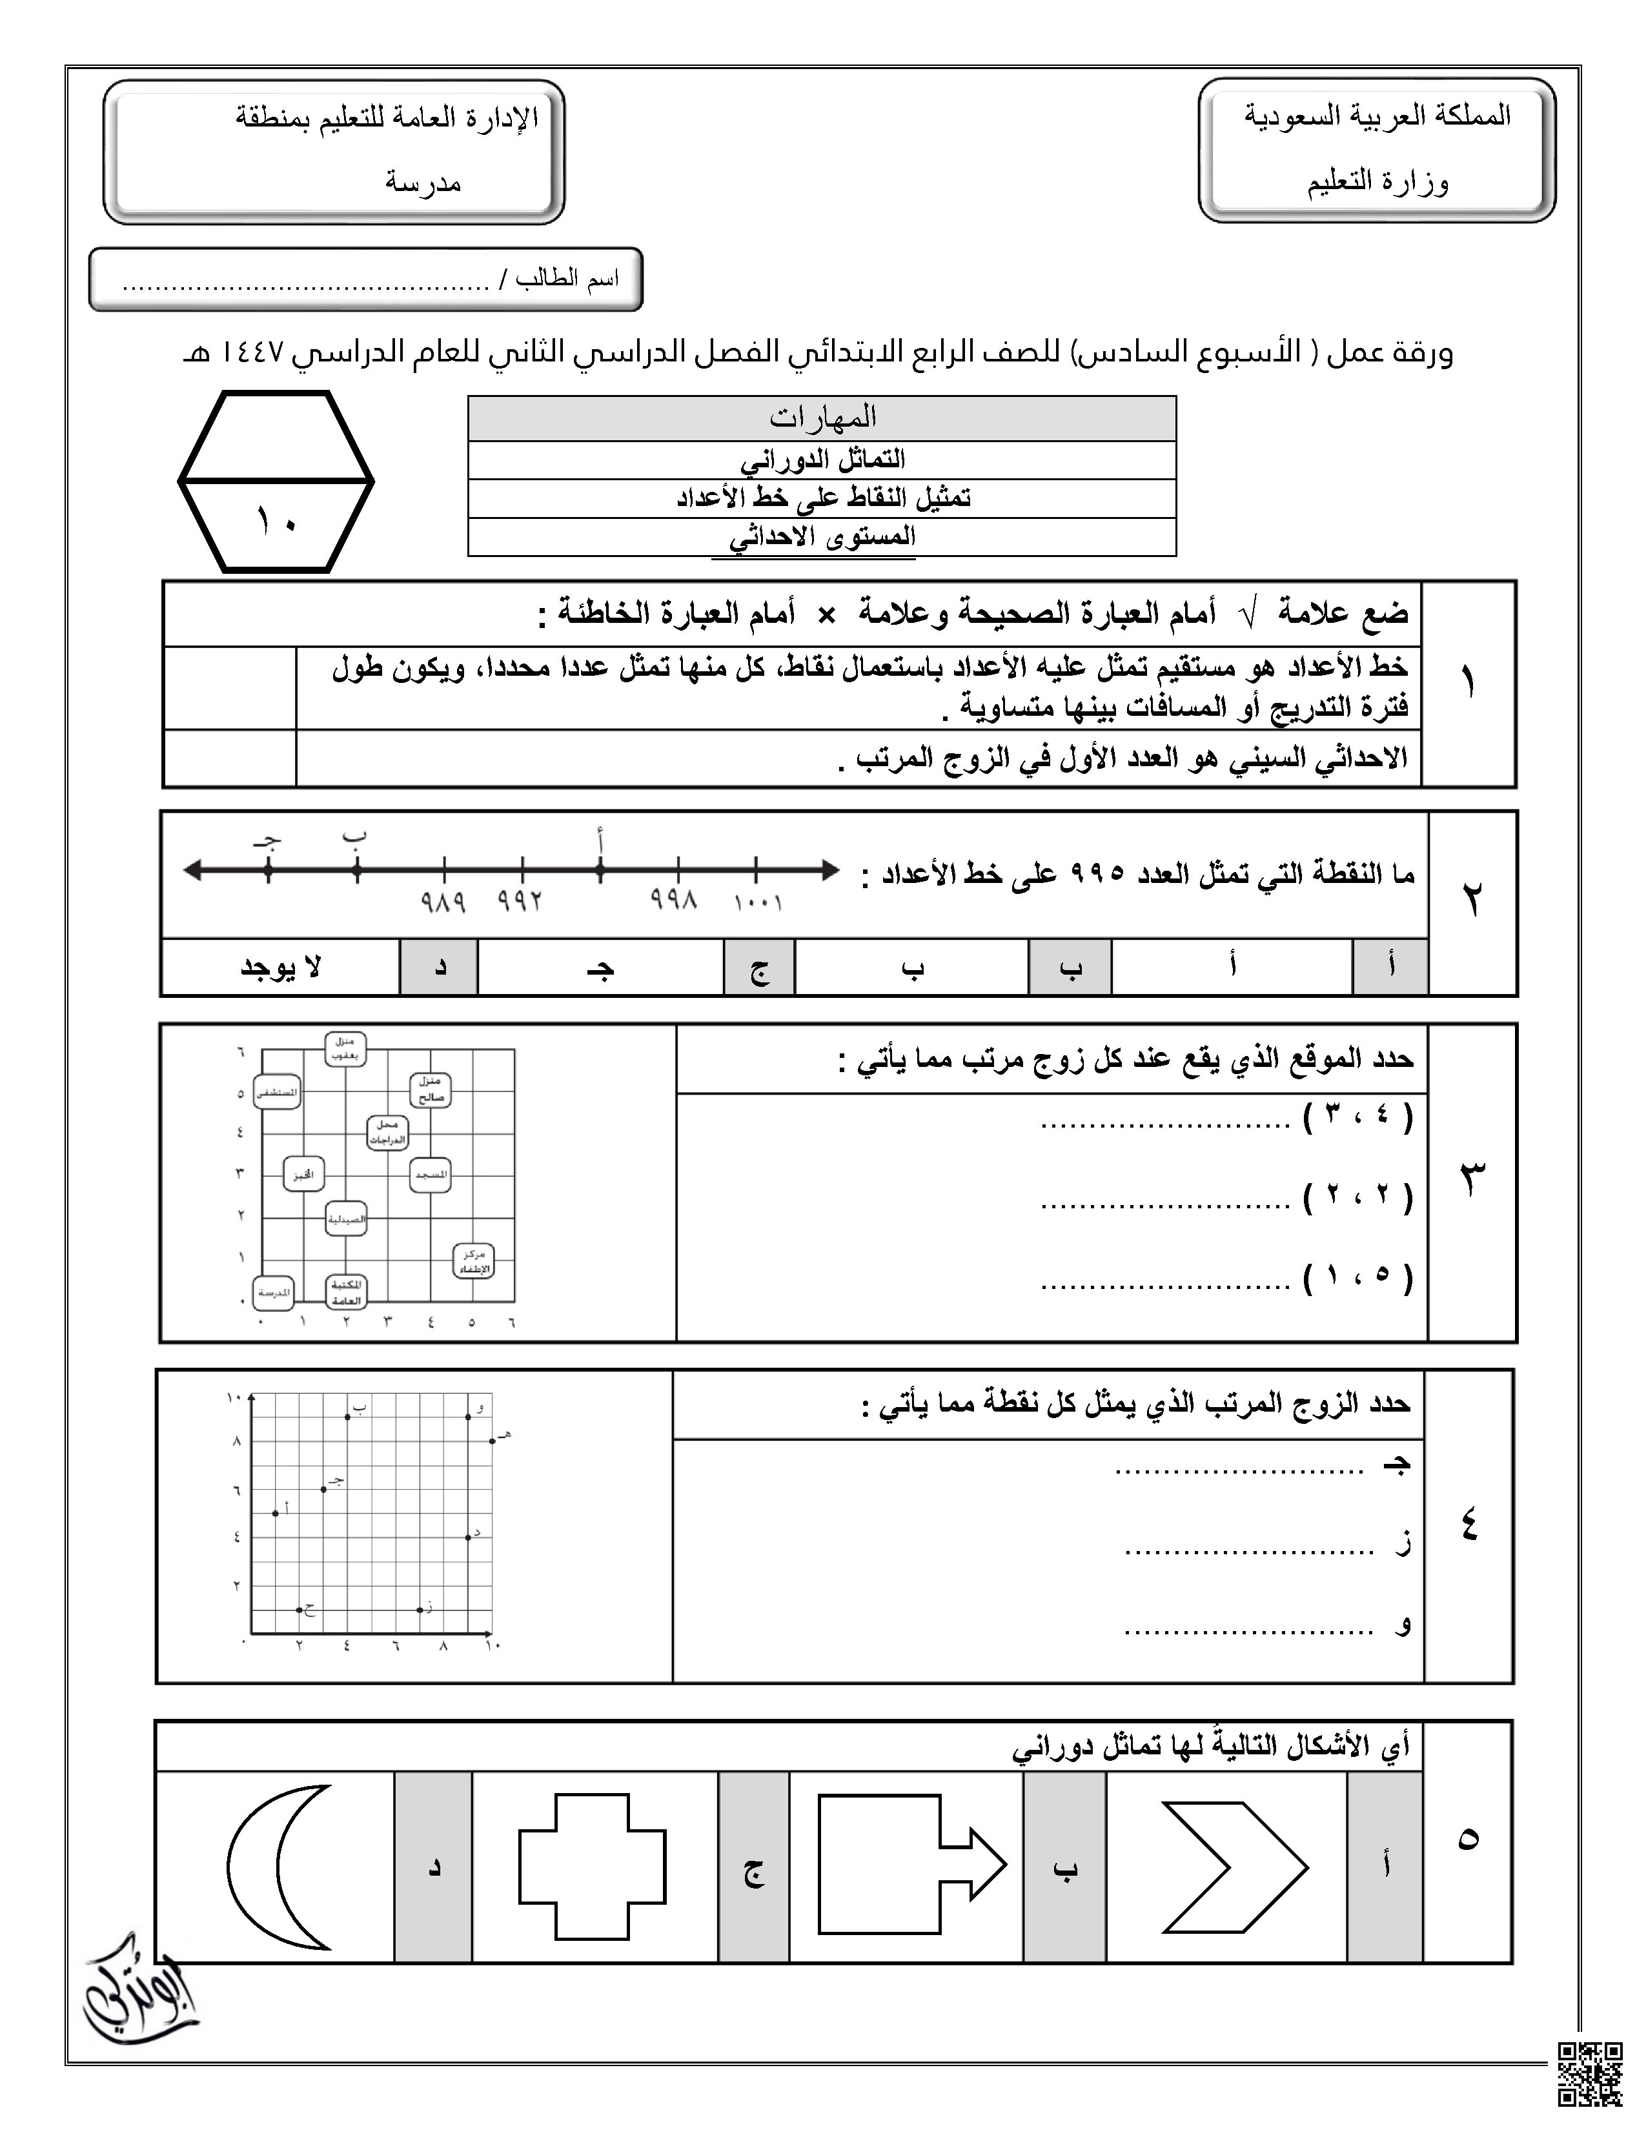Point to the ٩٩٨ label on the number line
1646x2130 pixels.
675,900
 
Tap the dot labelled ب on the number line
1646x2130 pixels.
357,869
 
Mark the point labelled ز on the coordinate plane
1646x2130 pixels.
420,1609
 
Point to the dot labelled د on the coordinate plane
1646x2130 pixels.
468,1537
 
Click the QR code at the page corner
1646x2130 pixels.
1589,2073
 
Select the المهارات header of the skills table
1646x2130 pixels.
822,418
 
